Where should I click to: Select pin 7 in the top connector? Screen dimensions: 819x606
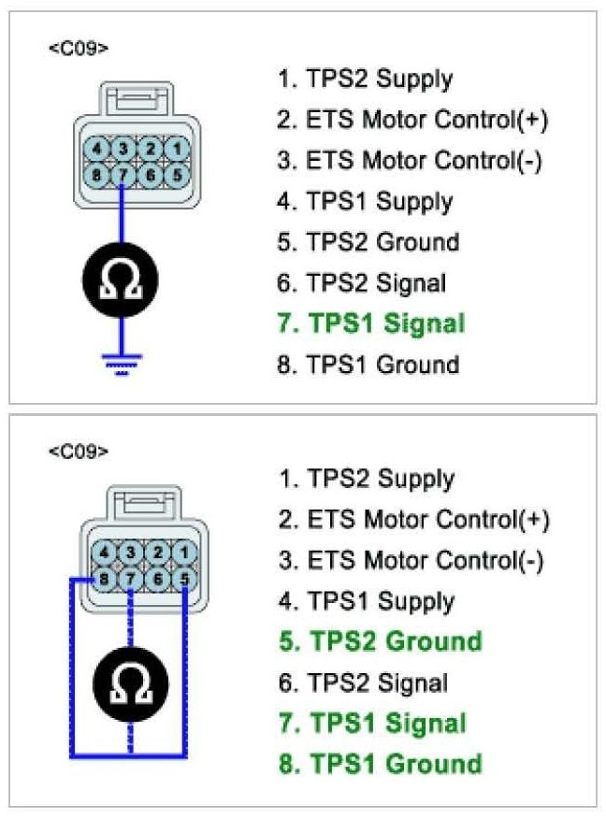click(x=124, y=173)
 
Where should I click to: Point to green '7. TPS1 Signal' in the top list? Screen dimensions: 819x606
click(x=370, y=324)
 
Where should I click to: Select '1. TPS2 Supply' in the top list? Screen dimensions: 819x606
click(x=365, y=79)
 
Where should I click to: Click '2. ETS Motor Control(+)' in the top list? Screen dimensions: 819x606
click(x=412, y=120)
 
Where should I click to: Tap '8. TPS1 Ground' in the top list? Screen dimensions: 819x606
click(x=368, y=365)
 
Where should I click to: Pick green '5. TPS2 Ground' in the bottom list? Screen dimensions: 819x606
click(x=379, y=641)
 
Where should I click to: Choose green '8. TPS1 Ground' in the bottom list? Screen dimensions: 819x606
click(x=379, y=764)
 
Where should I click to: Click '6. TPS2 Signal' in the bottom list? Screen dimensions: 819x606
click(x=363, y=682)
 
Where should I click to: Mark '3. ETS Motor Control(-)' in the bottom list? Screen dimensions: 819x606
click(x=411, y=560)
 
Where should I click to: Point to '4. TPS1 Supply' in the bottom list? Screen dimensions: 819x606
click(x=366, y=601)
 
